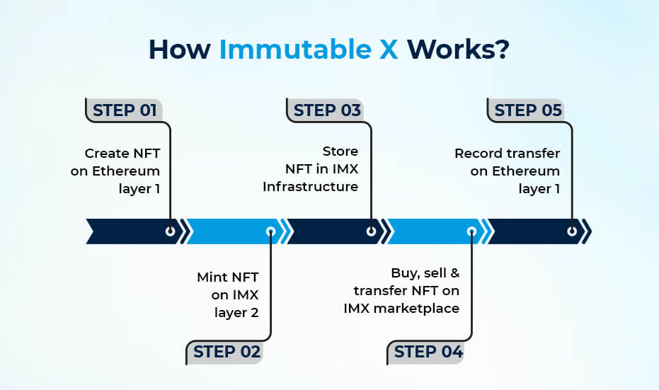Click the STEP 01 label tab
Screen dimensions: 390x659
[125, 110]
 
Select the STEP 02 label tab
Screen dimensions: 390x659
[226, 352]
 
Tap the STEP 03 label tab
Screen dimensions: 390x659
[326, 110]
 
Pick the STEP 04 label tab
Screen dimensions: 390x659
[428, 352]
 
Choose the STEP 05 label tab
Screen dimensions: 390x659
[527, 110]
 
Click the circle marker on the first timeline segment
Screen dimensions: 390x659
[170, 231]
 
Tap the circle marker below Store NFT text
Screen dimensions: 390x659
[371, 231]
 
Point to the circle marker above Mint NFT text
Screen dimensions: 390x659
[270, 231]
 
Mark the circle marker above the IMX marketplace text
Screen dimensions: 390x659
[471, 231]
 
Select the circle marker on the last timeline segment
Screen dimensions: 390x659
[572, 231]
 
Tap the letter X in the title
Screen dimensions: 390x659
[389, 50]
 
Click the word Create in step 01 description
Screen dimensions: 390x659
[107, 153]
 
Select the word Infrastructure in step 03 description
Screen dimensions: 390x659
[310, 187]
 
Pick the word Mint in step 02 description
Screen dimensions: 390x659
[212, 277]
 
